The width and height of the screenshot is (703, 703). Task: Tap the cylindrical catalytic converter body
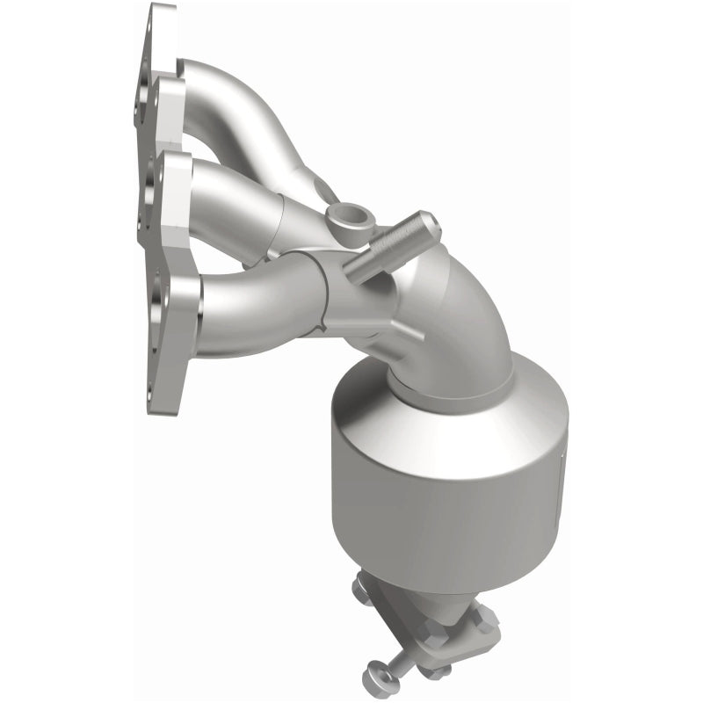pyautogui.click(x=439, y=492)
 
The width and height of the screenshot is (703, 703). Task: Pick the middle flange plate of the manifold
pyautogui.click(x=167, y=189)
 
